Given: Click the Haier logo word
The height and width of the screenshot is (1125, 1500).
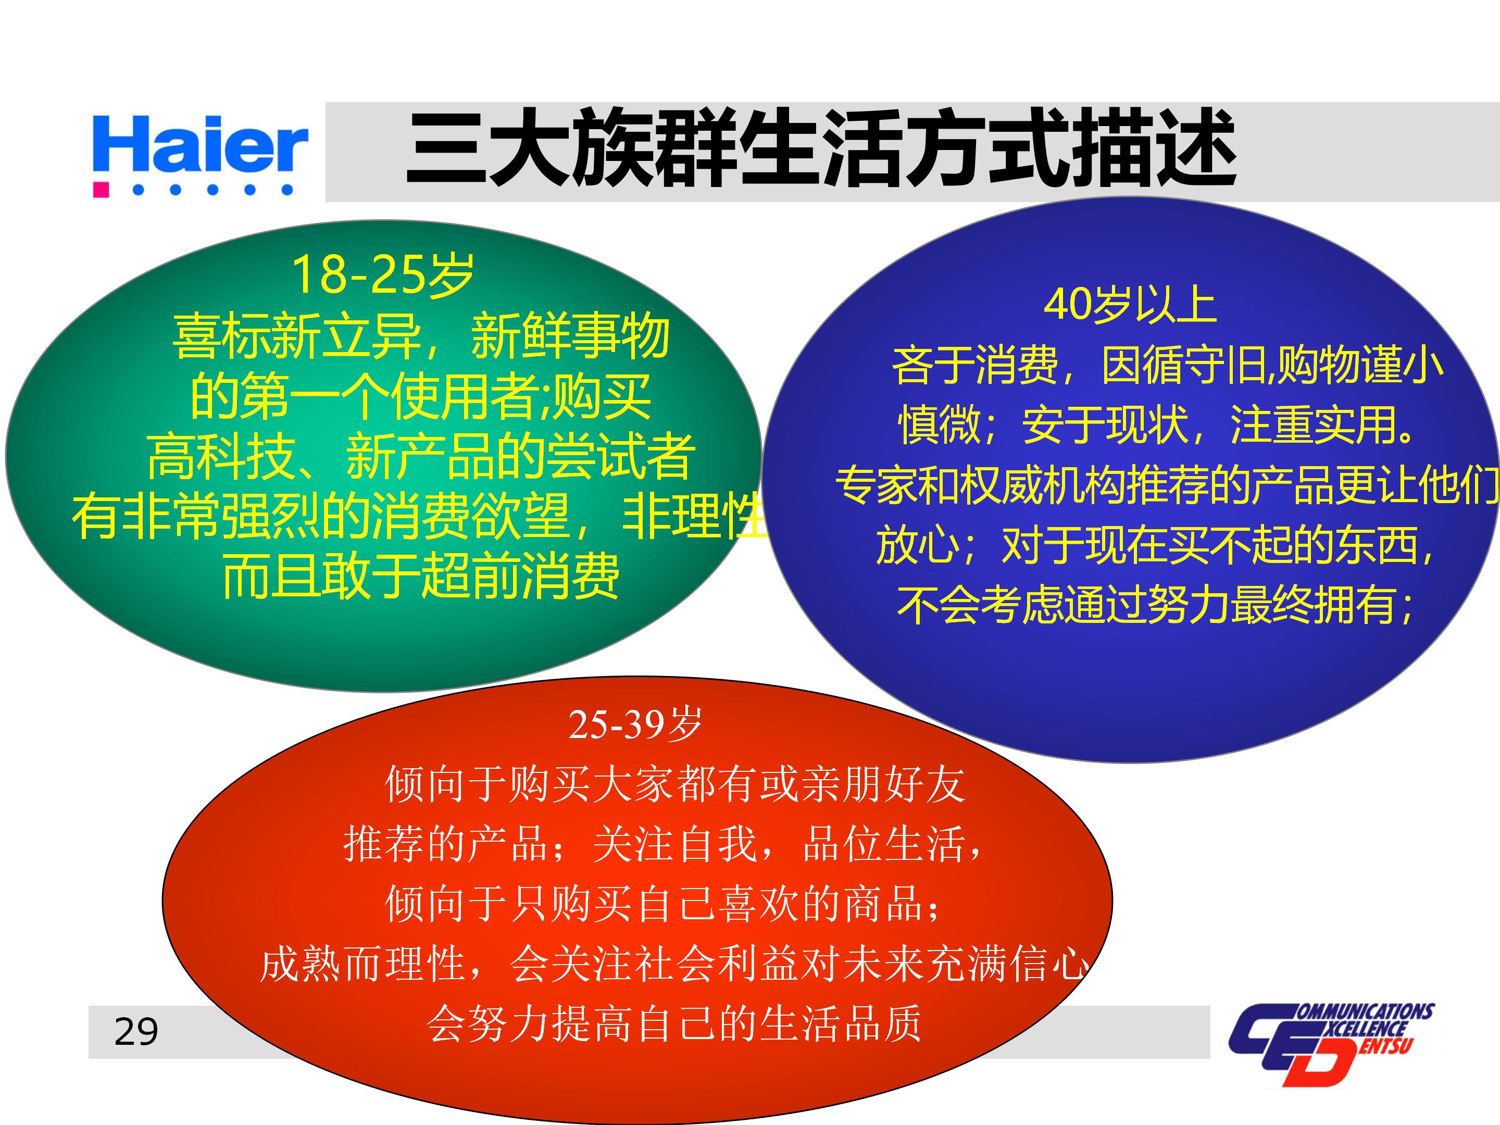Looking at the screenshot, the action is [200, 144].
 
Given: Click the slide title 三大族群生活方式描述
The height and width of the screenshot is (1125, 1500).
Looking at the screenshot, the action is [820, 148].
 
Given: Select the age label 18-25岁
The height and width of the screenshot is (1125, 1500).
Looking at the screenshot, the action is [382, 274].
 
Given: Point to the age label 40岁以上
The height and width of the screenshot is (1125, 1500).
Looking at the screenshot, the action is [1130, 305].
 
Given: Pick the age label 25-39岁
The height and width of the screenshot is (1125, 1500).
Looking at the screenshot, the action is [635, 724].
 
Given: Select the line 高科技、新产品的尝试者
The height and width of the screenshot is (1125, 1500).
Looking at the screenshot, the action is [420, 456].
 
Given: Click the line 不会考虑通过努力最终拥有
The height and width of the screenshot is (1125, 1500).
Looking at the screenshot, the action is [1153, 605].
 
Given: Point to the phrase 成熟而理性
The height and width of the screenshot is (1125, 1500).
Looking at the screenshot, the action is [363, 964].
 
